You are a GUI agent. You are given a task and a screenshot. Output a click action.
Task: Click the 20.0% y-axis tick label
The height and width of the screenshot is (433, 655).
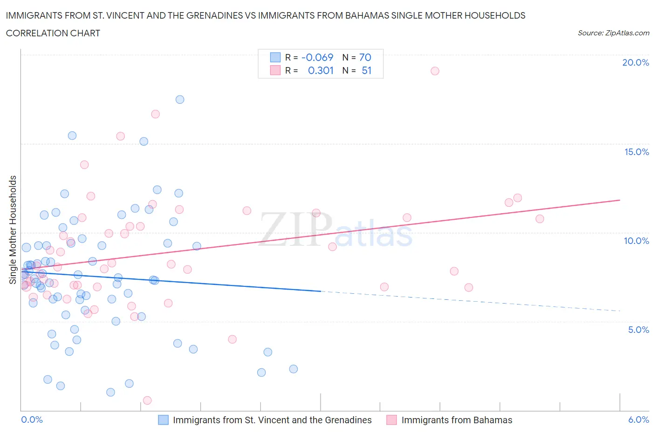(635, 62)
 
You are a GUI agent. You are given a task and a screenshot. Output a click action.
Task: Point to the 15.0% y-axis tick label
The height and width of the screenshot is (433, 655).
(636, 152)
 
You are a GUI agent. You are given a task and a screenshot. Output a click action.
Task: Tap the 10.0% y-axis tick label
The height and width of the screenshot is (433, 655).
(636, 241)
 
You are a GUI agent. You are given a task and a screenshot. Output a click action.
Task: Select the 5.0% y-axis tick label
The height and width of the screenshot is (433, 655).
(638, 330)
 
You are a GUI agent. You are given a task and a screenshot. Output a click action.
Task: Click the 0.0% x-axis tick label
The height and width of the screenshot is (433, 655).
(32, 419)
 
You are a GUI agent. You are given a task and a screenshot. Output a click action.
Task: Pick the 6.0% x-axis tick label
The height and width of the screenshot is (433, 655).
(638, 419)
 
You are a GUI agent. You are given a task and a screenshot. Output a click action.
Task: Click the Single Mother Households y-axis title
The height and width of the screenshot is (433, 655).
(13, 230)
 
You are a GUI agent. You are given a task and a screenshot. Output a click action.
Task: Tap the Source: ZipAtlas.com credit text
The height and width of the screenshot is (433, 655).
(613, 33)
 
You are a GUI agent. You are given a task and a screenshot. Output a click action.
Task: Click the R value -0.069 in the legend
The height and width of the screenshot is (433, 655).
(317, 57)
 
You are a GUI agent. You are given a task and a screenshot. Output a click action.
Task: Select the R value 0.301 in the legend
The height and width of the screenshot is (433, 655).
(321, 70)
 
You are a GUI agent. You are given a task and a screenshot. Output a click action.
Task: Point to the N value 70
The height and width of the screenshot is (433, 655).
(365, 57)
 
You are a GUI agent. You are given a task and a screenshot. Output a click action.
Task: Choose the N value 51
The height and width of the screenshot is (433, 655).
(366, 70)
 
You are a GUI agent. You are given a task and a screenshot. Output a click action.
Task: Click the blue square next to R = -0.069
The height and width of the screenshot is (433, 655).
(275, 57)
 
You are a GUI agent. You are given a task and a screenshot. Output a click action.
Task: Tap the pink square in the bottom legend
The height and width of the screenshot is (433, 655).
(391, 420)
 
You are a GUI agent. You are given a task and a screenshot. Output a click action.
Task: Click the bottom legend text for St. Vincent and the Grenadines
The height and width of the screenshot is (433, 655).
(272, 420)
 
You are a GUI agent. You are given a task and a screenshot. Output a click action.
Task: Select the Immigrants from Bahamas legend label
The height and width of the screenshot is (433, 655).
(457, 420)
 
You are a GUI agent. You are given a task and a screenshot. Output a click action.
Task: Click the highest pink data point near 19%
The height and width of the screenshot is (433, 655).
(435, 71)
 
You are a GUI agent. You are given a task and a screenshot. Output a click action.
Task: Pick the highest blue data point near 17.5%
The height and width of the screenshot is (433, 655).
(180, 99)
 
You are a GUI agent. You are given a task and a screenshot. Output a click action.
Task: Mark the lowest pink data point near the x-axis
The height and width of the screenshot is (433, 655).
(147, 400)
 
